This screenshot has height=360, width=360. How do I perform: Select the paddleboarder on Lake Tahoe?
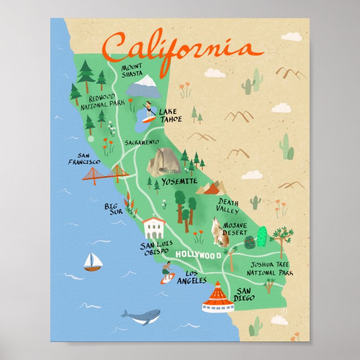tap(148, 112)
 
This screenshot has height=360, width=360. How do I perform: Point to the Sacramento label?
tap(141, 142)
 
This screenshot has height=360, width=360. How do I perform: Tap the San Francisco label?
tap(85, 158)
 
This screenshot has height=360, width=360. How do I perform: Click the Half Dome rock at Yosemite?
tap(163, 162)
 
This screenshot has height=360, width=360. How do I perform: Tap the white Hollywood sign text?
tap(198, 254)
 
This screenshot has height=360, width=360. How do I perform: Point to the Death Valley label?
tap(228, 206)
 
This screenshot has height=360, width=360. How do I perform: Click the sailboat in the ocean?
tap(92, 262)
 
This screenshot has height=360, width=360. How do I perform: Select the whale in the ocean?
tap(141, 316)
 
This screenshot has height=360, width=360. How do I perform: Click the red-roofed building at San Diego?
tap(218, 299)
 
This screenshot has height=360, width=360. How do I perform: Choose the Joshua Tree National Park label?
tap(270, 269)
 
